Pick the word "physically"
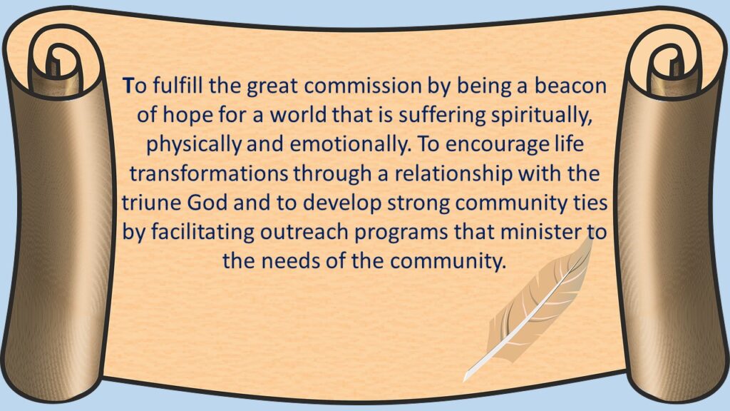point(194,144)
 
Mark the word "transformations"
point(209,173)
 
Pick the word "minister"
point(541,232)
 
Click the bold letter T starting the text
point(128,86)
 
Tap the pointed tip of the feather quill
point(465,381)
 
